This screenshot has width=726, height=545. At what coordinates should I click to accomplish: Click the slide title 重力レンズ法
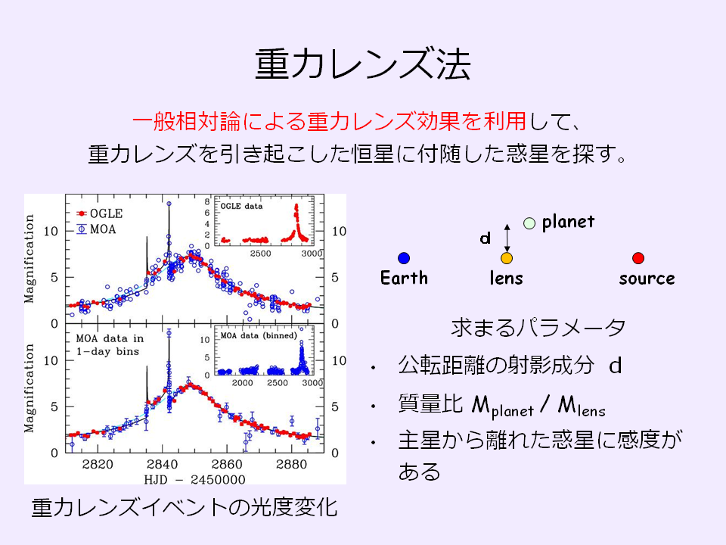click(x=363, y=64)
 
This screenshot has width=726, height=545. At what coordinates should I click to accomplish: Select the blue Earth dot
click(x=404, y=258)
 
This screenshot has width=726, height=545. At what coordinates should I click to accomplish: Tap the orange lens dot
click(x=507, y=258)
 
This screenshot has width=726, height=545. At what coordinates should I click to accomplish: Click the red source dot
click(x=638, y=258)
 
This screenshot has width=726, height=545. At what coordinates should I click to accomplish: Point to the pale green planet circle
click(x=529, y=223)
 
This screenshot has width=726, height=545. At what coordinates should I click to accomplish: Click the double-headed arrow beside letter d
click(x=507, y=238)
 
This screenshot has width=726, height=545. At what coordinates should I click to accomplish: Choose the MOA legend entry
click(x=96, y=229)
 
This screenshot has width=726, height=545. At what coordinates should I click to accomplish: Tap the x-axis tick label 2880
click(x=291, y=464)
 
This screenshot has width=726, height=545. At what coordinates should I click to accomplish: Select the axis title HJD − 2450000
click(x=194, y=479)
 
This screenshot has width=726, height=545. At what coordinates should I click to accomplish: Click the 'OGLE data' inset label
click(x=241, y=206)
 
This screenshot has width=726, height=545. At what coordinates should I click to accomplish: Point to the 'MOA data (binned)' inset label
click(x=259, y=335)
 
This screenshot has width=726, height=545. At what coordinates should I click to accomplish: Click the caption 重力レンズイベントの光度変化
click(x=185, y=507)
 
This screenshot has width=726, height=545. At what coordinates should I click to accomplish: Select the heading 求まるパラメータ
click(x=538, y=328)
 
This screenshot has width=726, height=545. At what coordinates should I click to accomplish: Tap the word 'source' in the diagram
click(x=647, y=279)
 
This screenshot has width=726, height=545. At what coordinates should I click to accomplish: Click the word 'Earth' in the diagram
click(x=404, y=278)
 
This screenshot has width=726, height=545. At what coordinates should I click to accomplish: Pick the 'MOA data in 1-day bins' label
click(x=110, y=345)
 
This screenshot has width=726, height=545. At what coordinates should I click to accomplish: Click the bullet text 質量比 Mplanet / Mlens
click(x=502, y=406)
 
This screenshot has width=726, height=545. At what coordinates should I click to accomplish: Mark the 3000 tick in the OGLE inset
click(x=312, y=254)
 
